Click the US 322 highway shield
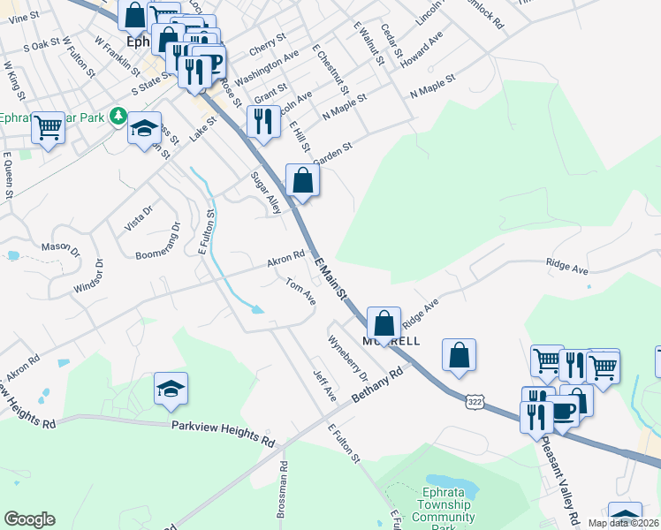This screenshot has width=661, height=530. [x=475, y=402]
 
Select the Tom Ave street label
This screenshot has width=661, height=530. [x=300, y=291]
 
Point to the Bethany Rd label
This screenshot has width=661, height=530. [x=376, y=385]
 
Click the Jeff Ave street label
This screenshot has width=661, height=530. [x=324, y=382]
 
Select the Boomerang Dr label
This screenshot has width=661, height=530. [x=158, y=241]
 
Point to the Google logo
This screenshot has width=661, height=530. [x=30, y=519]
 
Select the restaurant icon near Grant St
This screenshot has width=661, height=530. [x=262, y=121]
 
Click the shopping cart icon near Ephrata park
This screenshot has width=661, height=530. [x=48, y=127]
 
